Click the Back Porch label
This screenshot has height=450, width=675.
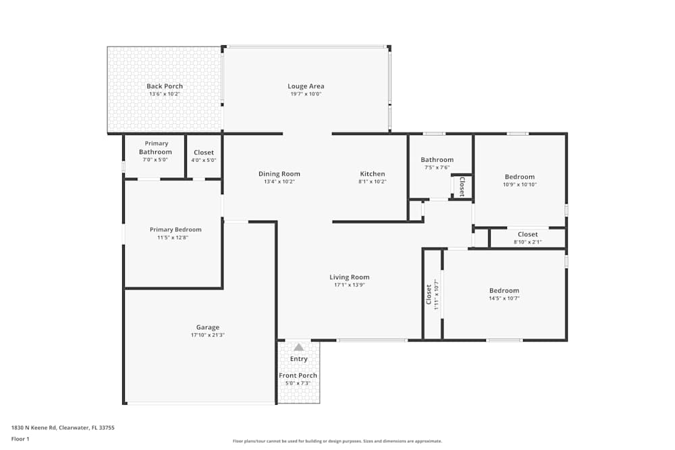165,86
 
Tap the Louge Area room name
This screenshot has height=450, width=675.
306,86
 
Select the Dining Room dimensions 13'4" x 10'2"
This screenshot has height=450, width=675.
279,181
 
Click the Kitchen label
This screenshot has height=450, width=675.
372,174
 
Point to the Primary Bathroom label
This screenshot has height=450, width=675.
156,148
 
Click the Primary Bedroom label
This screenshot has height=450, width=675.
175,229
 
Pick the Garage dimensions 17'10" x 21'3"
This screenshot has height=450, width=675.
207,335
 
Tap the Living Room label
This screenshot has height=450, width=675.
349,277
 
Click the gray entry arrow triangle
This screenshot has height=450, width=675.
298,347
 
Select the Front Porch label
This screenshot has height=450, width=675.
298,376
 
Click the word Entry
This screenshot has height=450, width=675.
298,359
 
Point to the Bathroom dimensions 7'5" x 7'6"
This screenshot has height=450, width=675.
437,167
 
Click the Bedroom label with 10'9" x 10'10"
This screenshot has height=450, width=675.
519,177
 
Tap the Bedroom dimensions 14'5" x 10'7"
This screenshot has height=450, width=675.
504,298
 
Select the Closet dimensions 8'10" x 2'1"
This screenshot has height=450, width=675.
527,242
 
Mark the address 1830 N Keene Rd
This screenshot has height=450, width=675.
63,427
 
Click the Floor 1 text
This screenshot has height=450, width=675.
20,439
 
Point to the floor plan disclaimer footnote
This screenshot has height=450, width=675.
337,441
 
